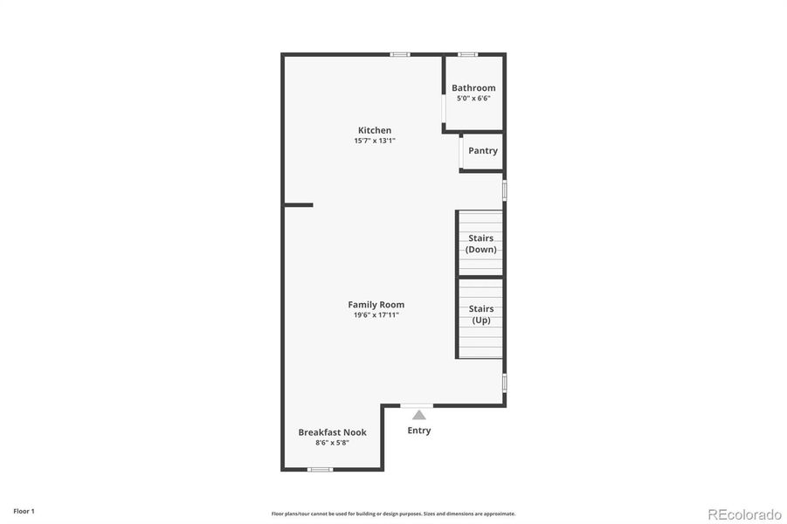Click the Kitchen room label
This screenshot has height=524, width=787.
pyautogui.click(x=374, y=130)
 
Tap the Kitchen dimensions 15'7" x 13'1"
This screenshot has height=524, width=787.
pyautogui.click(x=374, y=141)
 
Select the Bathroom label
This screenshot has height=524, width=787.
pyautogui.click(x=473, y=88)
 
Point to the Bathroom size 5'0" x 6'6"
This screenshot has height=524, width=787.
pyautogui.click(x=473, y=98)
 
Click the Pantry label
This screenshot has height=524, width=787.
pyautogui.click(x=483, y=150)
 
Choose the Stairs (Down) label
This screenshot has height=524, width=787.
pyautogui.click(x=481, y=244)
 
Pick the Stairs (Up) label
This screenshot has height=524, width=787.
pyautogui.click(x=481, y=314)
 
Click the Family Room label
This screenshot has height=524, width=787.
pyautogui.click(x=376, y=305)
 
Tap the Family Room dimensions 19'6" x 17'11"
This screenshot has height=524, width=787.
pyautogui.click(x=376, y=315)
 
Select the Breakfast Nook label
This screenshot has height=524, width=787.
pyautogui.click(x=332, y=432)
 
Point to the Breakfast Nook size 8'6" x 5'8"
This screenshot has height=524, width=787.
pyautogui.click(x=332, y=443)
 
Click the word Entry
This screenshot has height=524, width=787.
pyautogui.click(x=419, y=431)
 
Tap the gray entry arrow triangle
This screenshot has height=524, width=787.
pyautogui.click(x=419, y=415)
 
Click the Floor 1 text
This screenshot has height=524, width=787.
pyautogui.click(x=24, y=511)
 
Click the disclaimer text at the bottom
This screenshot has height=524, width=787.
pyautogui.click(x=393, y=514)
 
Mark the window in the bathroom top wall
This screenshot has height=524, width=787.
pyautogui.click(x=468, y=54)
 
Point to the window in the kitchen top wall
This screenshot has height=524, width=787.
pyautogui.click(x=400, y=54)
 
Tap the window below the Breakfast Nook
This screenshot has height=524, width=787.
pyautogui.click(x=320, y=470)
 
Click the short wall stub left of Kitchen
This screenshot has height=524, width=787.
pyautogui.click(x=298, y=205)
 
